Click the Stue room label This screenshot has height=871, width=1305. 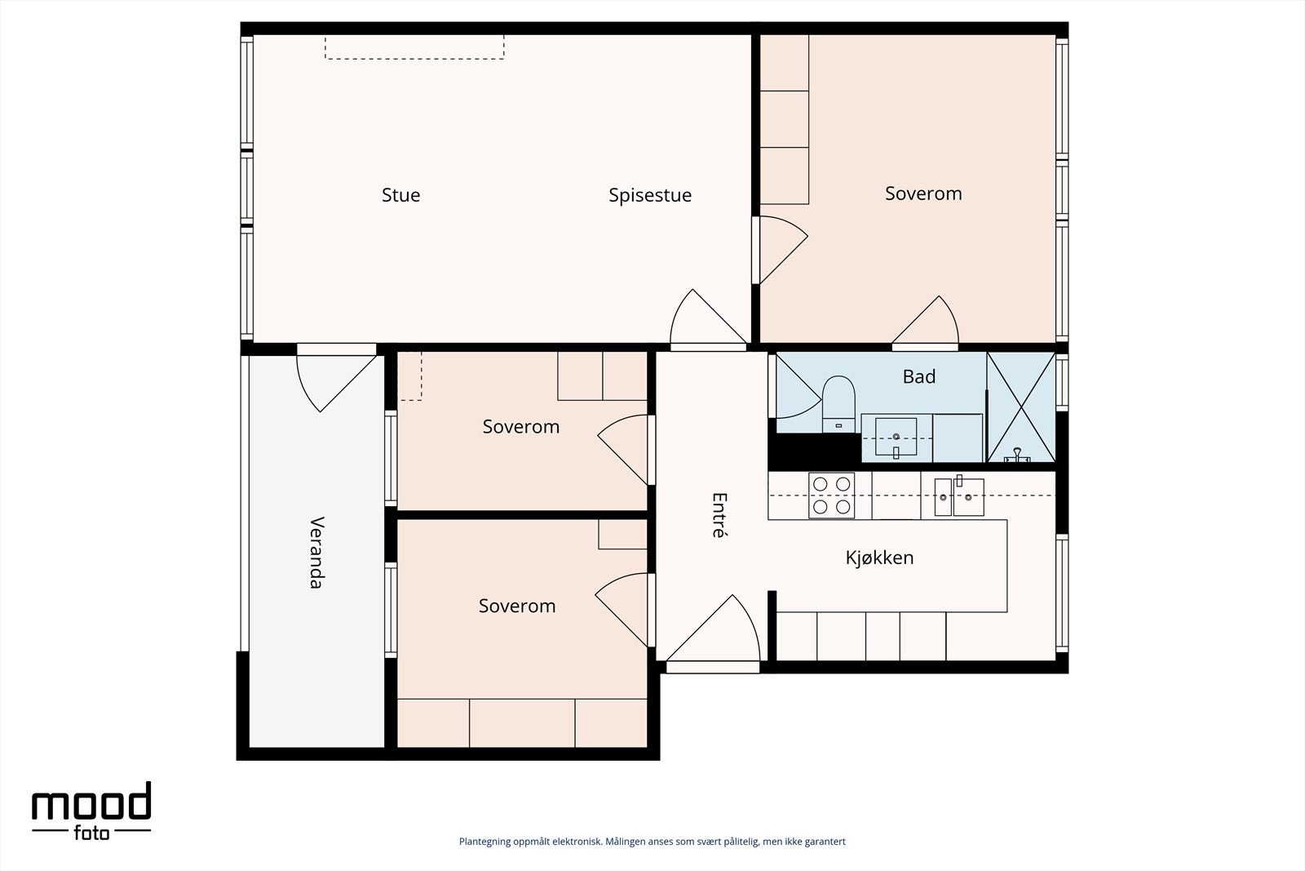point(400,195)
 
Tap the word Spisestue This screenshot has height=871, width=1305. point(650,195)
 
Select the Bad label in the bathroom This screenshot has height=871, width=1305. point(918,376)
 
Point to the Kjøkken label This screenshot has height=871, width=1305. point(879,558)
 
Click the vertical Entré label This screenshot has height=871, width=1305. point(719,515)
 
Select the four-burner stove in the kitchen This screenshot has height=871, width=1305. point(831,495)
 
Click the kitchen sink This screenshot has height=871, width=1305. point(959,496)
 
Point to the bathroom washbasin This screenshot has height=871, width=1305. point(896,438)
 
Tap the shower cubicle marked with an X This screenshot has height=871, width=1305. point(1021,407)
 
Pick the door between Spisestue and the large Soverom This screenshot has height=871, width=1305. point(780,250)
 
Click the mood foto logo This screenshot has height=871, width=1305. point(91,811)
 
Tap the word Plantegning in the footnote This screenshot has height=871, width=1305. point(485,842)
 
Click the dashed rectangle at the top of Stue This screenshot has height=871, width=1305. point(414,47)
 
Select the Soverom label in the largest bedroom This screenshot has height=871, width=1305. point(923,193)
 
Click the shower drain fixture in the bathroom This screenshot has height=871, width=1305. point(1017,455)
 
